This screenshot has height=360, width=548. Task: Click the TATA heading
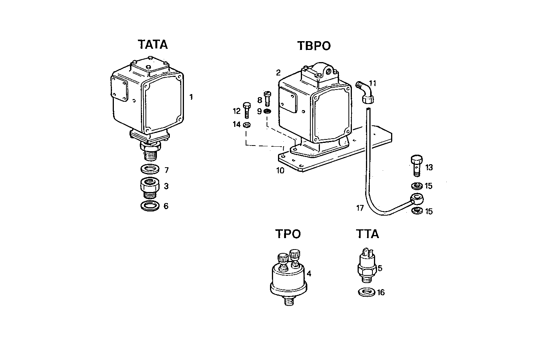153,45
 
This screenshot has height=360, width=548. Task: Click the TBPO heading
314,46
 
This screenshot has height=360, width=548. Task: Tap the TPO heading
288,234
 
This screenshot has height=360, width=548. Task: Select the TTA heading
367,234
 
